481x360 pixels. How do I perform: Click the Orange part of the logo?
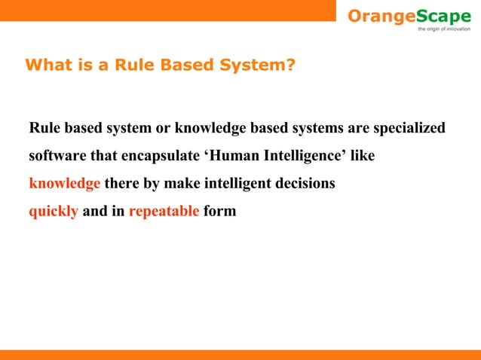click(378, 16)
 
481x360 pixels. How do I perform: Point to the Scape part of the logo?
click(440, 16)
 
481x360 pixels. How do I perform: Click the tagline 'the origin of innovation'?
click(443, 29)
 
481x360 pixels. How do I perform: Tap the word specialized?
click(406, 128)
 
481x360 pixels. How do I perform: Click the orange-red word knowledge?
click(64, 184)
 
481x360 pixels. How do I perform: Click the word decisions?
click(305, 184)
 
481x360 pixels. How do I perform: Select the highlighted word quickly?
click(54, 212)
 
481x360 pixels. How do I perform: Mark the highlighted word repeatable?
click(164, 212)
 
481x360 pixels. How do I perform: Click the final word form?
click(219, 211)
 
